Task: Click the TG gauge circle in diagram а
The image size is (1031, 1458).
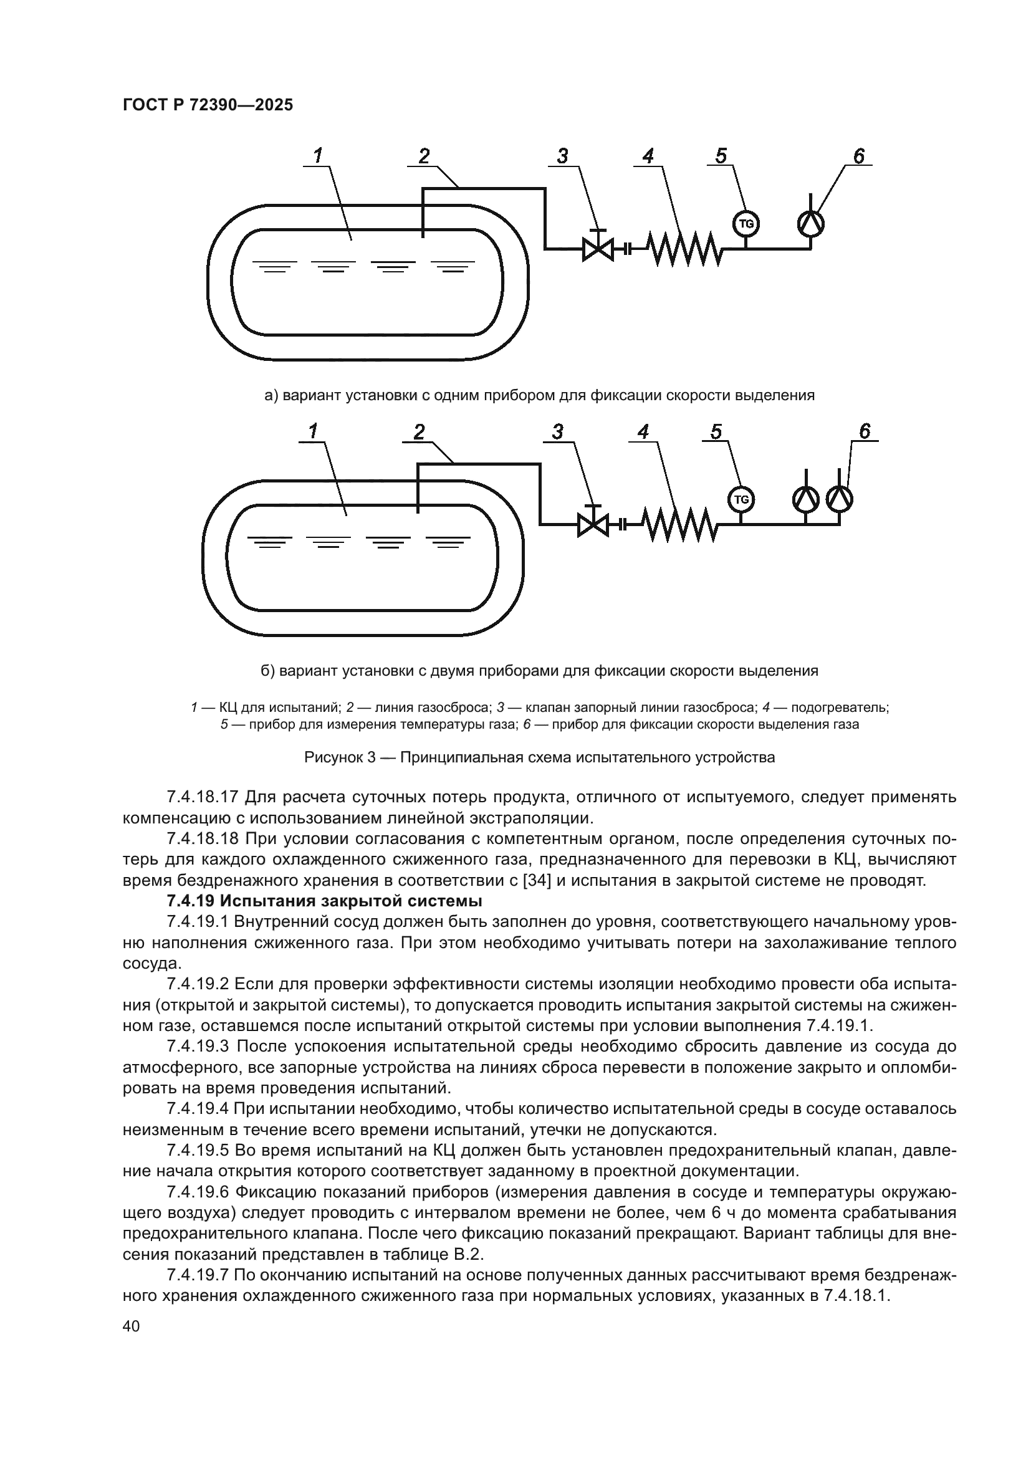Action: pos(747,224)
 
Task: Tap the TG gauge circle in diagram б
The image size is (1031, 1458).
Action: pos(741,499)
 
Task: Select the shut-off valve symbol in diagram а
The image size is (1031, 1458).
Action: pos(598,248)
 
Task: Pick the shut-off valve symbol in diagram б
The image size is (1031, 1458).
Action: pos(593,524)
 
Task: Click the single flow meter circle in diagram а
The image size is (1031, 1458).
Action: pos(811,224)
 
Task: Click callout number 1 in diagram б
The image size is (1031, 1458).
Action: pos(313,432)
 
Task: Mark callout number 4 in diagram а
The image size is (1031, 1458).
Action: pos(648,156)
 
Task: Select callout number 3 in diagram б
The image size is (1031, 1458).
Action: pos(557,432)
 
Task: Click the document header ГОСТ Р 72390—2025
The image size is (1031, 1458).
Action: pos(208,105)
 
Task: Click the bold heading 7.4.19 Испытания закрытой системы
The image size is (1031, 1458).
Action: pos(324,901)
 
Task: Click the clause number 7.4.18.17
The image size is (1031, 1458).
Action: pos(202,796)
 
